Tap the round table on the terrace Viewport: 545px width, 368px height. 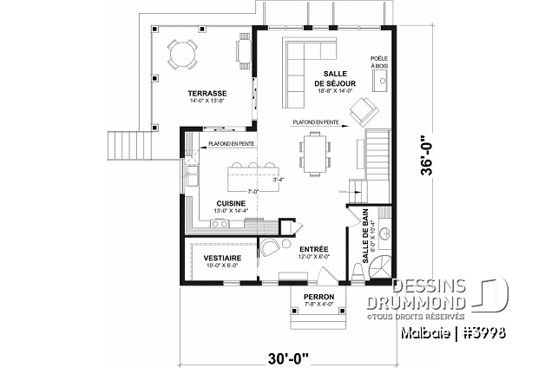click(183, 55)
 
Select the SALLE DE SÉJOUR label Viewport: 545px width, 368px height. click(330, 79)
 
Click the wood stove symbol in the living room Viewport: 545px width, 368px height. click(379, 82)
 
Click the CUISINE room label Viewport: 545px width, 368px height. click(230, 204)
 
